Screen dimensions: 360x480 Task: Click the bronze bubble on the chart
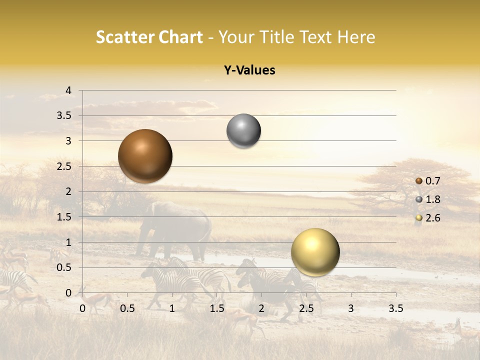point(145,156)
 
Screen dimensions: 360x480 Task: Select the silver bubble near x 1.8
point(243,131)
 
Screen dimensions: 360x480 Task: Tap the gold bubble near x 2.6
point(315,252)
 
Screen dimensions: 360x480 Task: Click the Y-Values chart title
point(249,70)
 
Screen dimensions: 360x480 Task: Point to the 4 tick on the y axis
point(69,90)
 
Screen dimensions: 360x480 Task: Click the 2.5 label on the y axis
point(64,166)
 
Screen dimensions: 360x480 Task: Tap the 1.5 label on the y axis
point(64,217)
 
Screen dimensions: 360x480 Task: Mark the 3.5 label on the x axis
point(395,308)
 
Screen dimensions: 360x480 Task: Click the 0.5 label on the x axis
point(127,308)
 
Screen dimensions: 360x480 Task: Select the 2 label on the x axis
point(261,308)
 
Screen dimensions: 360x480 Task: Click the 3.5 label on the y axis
point(64,116)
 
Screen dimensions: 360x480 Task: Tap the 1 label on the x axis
point(172,308)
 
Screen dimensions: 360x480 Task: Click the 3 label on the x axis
point(351,308)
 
